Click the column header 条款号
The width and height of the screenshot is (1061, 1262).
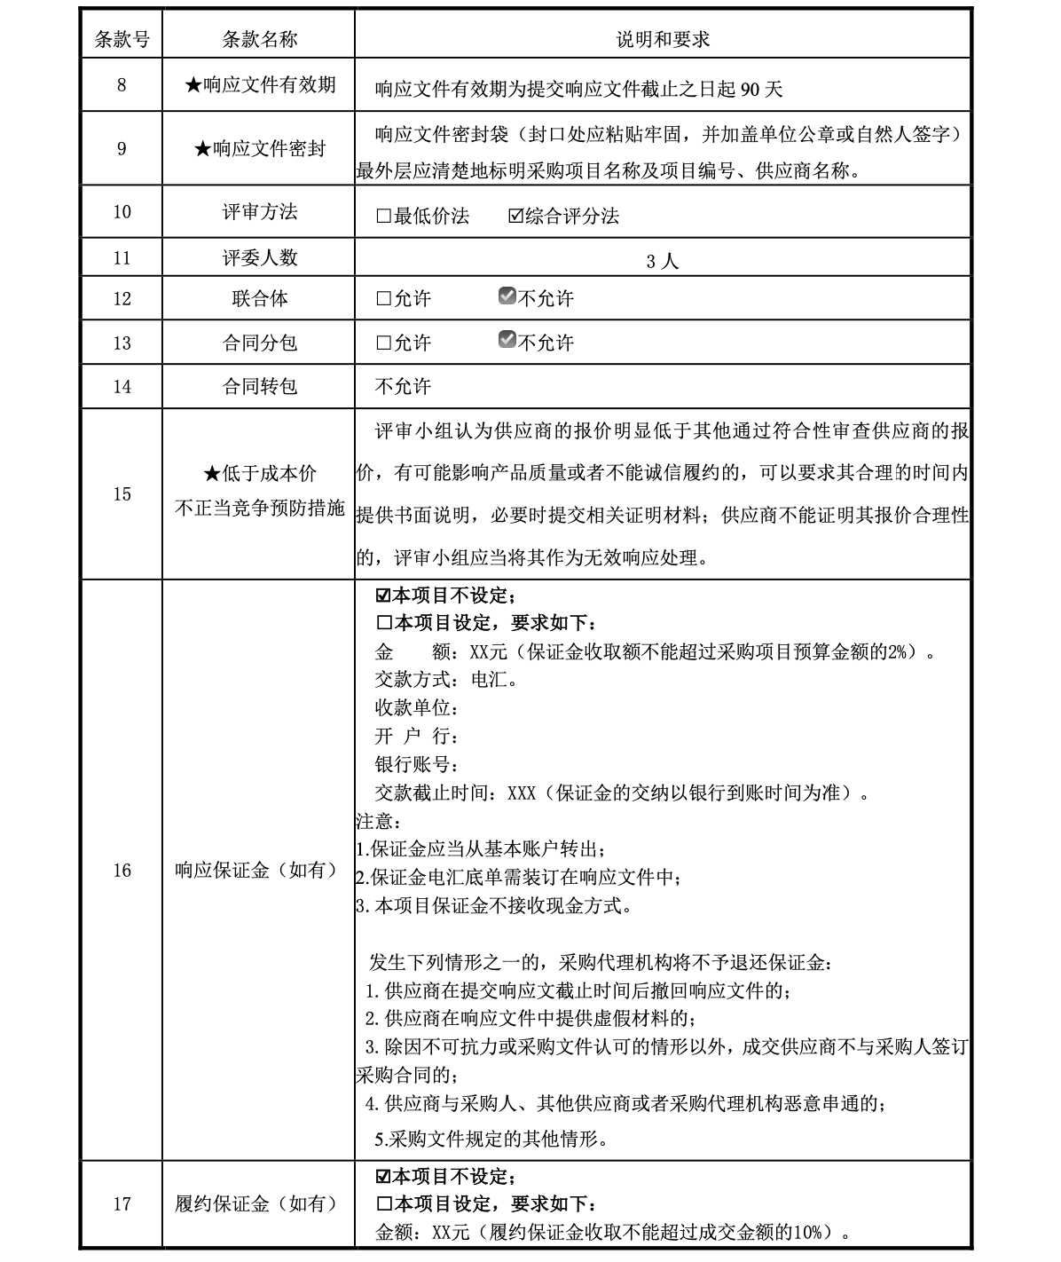[122, 38]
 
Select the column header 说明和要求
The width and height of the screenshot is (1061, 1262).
[663, 38]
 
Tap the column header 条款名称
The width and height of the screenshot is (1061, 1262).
[259, 38]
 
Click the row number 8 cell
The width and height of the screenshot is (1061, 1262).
[122, 85]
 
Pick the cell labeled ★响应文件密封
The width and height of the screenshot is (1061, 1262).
[259, 148]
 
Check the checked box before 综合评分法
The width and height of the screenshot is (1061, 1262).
[516, 216]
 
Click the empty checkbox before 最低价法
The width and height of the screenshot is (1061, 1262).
[383, 216]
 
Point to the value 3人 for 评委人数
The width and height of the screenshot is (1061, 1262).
[663, 261]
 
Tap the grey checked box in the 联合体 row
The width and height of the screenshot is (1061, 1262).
[507, 296]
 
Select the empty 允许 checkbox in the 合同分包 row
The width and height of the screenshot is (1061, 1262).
[383, 343]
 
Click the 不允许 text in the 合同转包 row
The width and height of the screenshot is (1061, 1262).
[403, 386]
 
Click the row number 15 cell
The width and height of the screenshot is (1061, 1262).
[122, 494]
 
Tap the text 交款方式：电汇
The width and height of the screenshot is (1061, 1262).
[445, 680]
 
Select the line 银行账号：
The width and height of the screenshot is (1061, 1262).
[417, 764]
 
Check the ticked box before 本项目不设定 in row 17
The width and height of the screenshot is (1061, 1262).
[383, 1177]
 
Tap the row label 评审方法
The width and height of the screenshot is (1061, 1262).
[259, 211]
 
